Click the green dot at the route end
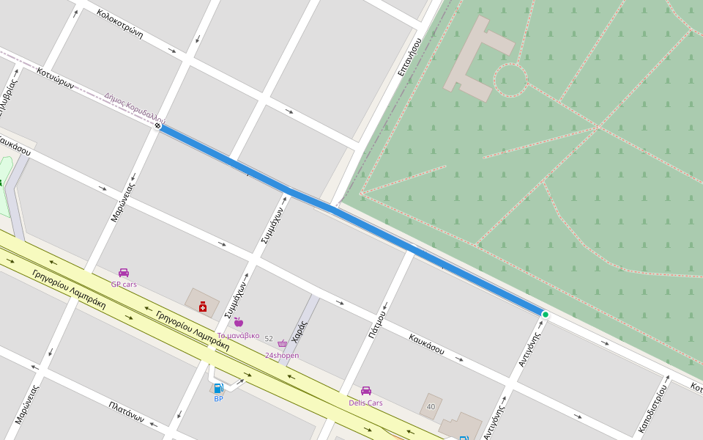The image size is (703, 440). [545, 315]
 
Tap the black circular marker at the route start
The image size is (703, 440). [157, 125]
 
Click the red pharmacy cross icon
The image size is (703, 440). [203, 307]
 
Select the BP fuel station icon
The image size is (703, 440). [218, 389]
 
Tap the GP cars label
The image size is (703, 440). [124, 284]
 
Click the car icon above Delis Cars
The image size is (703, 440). [365, 391]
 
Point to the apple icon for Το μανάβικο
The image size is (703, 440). [238, 322]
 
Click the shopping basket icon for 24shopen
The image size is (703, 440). [282, 343]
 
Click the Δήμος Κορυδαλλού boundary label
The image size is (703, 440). [135, 107]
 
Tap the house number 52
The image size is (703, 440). [269, 339]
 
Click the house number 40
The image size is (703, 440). [431, 406]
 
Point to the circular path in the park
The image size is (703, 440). [510, 80]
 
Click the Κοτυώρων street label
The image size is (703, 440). [56, 77]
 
